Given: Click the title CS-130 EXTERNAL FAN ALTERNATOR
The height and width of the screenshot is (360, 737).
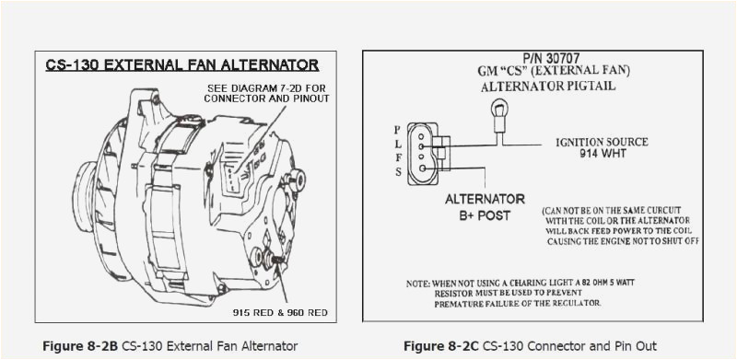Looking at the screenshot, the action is [x=181, y=65].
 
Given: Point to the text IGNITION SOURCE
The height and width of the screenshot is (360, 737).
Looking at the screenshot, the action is [x=602, y=142].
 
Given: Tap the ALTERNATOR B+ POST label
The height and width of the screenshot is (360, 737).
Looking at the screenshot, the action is [x=485, y=208].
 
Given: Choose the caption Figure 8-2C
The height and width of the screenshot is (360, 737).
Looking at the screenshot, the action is [x=440, y=346].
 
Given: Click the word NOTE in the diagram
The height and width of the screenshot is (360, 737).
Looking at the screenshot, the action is [x=419, y=283].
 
